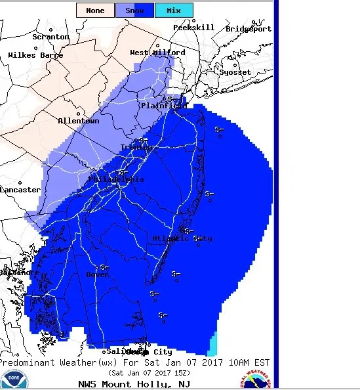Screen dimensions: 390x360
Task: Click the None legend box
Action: click(x=95, y=11)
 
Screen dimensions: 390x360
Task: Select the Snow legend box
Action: click(x=134, y=11)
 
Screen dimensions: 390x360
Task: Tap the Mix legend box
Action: click(x=174, y=11)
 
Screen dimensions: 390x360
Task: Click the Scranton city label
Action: click(x=50, y=37)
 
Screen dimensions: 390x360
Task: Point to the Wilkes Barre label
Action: click(x=35, y=55)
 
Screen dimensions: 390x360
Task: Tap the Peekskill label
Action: click(x=194, y=28)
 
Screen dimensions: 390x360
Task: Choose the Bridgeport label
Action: click(x=249, y=29)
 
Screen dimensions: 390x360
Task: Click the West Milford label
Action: click(x=157, y=53)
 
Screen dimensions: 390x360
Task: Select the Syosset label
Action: click(x=235, y=72)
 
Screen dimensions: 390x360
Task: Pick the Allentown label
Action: click(x=79, y=121)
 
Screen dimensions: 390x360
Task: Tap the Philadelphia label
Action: click(x=116, y=179)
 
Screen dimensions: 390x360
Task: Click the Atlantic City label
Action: click(x=182, y=238)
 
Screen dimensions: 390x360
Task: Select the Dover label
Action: click(x=98, y=274)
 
